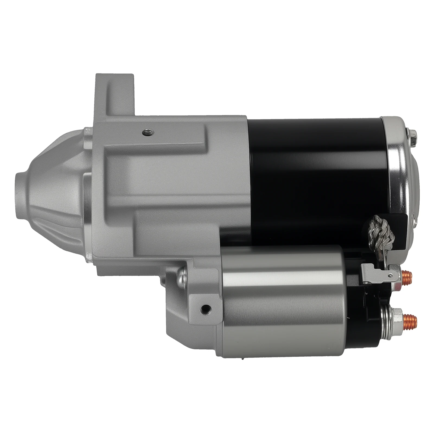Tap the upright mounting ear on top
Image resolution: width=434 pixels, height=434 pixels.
coord(114,92)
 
